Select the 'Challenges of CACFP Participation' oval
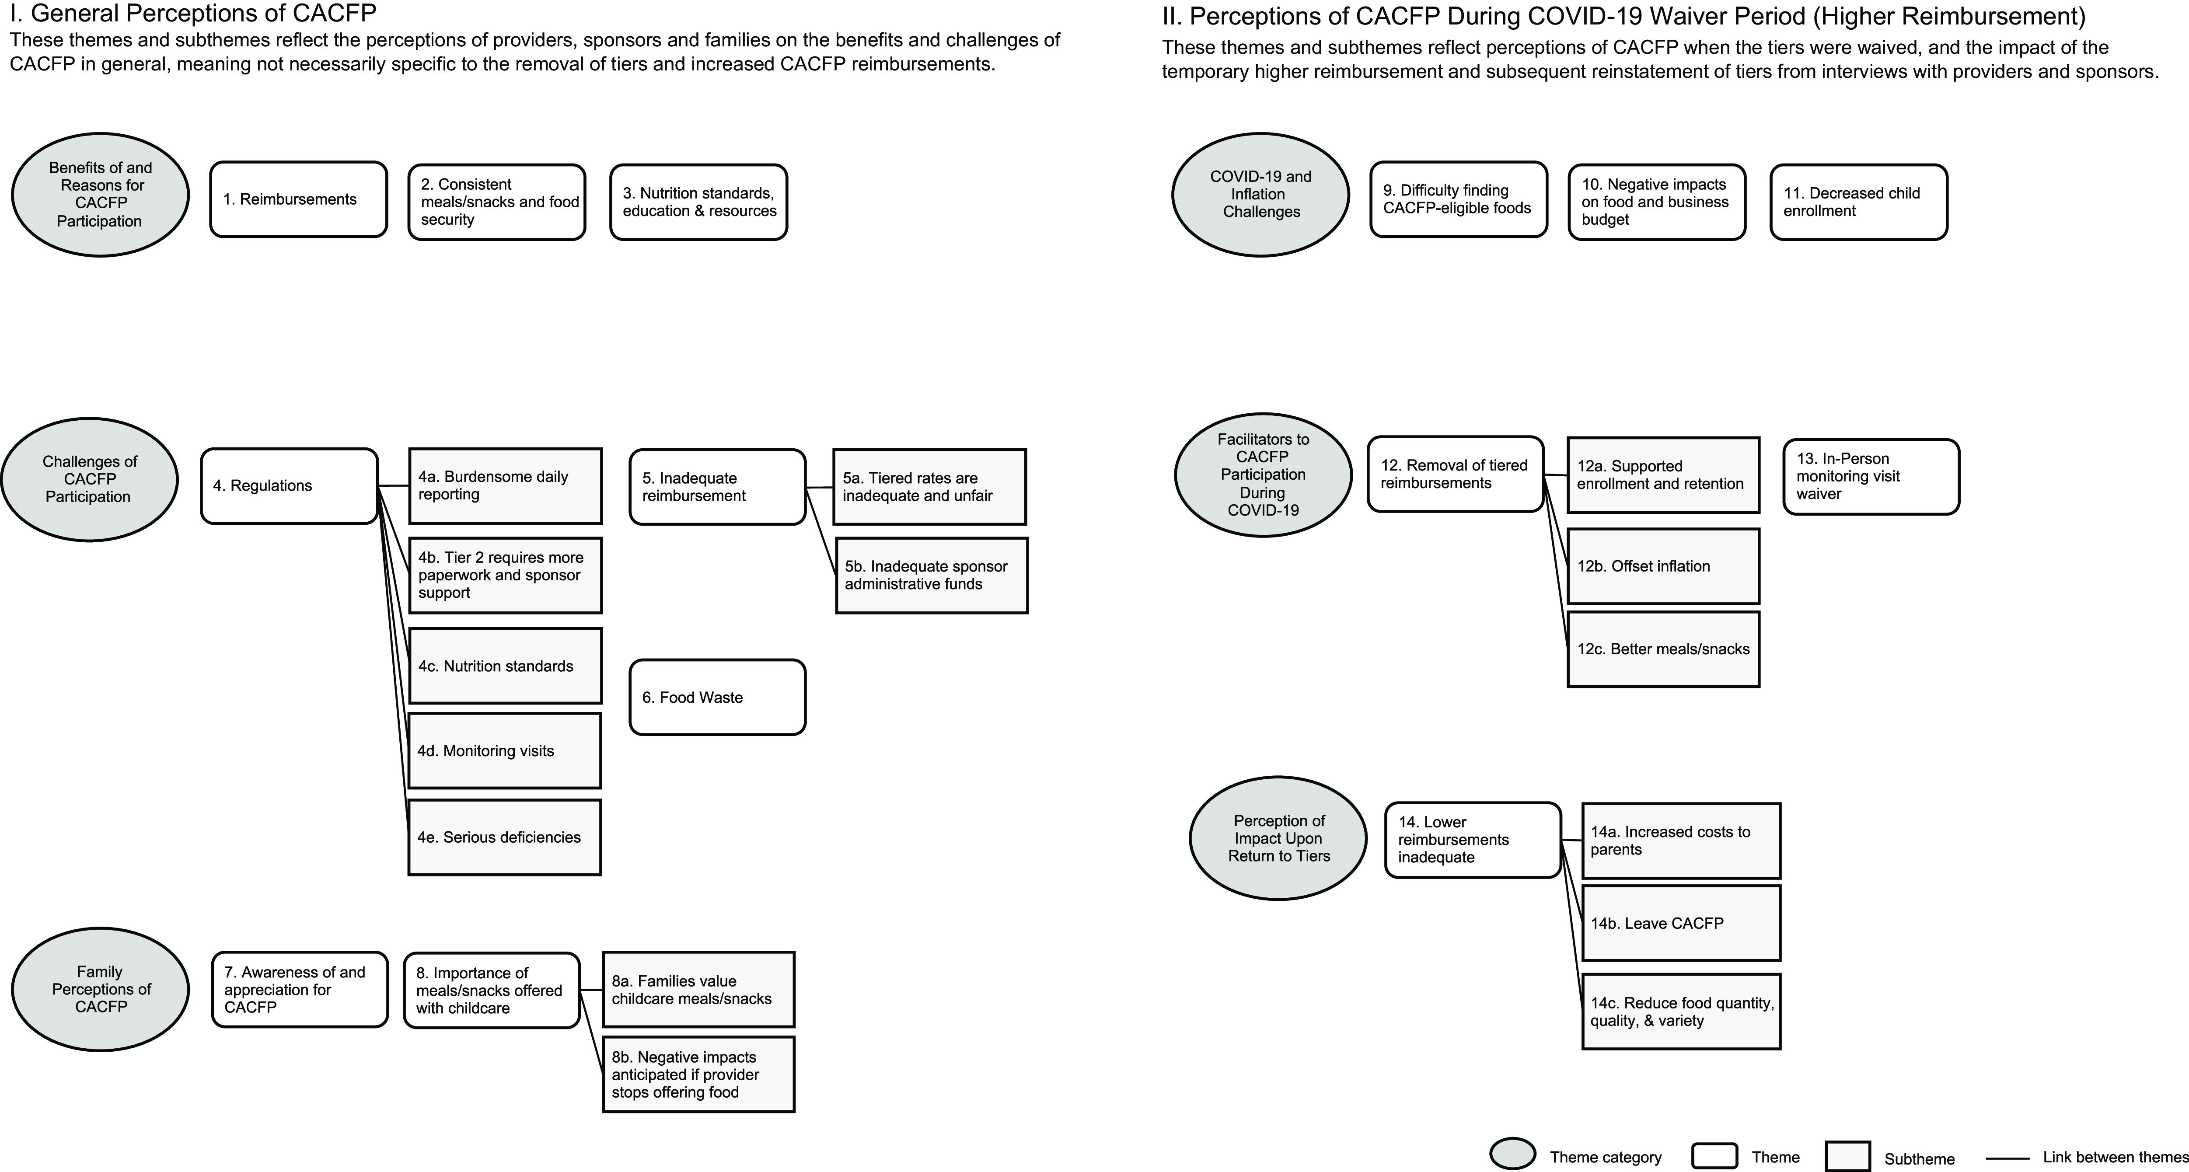(x=89, y=479)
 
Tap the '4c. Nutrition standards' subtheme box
(x=505, y=666)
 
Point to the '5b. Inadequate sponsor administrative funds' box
(x=931, y=576)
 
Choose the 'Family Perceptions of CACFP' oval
(x=100, y=989)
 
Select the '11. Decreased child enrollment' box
(x=1858, y=202)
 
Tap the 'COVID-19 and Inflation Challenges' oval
(x=1260, y=195)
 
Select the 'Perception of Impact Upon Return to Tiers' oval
(x=1278, y=838)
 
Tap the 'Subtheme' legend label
(x=1919, y=1159)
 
